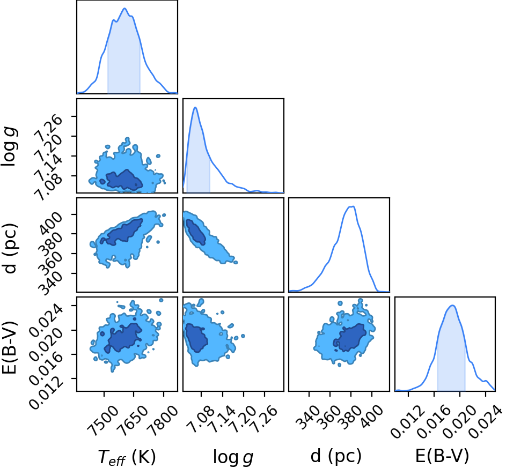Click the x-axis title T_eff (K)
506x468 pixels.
point(127,457)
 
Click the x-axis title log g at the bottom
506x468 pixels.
point(233,457)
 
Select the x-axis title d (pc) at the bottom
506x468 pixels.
point(336,456)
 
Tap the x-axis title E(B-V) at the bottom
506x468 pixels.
point(442,456)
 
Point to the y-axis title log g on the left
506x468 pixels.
point(9,147)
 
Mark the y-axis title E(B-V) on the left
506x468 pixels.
point(9,347)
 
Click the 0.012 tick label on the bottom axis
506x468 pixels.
point(407,421)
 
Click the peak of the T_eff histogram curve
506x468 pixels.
point(124,9)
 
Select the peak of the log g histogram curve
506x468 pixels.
point(195,107)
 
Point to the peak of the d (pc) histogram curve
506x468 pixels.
point(353,206)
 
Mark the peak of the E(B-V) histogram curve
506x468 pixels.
point(452,305)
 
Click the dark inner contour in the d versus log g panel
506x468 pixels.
point(195,232)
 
